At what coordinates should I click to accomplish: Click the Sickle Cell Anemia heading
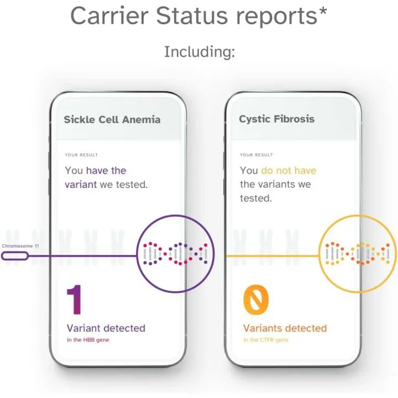point(112,119)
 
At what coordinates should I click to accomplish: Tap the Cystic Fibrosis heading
point(276,119)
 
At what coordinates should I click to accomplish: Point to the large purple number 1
point(75,300)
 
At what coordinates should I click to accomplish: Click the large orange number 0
point(256,300)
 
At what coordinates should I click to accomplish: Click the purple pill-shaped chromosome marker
point(15,256)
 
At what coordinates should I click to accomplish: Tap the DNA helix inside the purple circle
point(174,254)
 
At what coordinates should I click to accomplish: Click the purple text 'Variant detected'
point(106,328)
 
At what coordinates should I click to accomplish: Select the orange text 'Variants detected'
point(285,328)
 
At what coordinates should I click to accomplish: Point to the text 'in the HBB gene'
point(88,340)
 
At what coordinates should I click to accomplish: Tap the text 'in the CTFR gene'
point(265,340)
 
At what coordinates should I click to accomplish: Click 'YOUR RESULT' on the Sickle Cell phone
point(81,155)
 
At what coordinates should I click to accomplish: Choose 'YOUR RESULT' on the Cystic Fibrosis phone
point(256,155)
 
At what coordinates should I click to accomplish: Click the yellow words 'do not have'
point(289,171)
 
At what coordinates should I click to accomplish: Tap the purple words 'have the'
point(106,171)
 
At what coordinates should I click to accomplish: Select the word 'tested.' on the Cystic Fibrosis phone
point(256,198)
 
